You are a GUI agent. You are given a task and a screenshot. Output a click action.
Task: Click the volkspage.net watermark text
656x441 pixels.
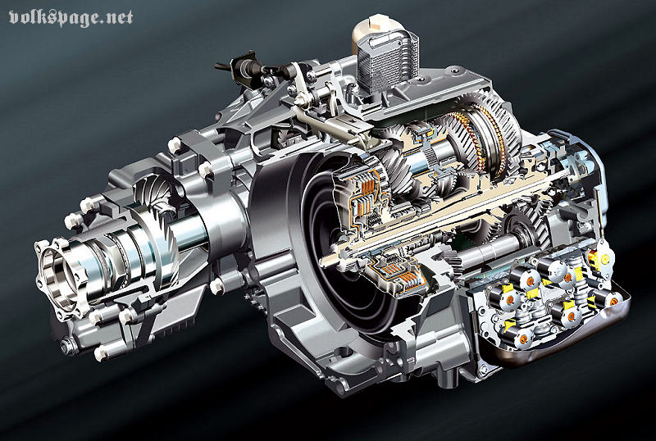[71, 18]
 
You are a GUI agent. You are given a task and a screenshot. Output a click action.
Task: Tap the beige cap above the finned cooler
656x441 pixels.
[372, 29]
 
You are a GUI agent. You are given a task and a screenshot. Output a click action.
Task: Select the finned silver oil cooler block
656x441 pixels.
[386, 61]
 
